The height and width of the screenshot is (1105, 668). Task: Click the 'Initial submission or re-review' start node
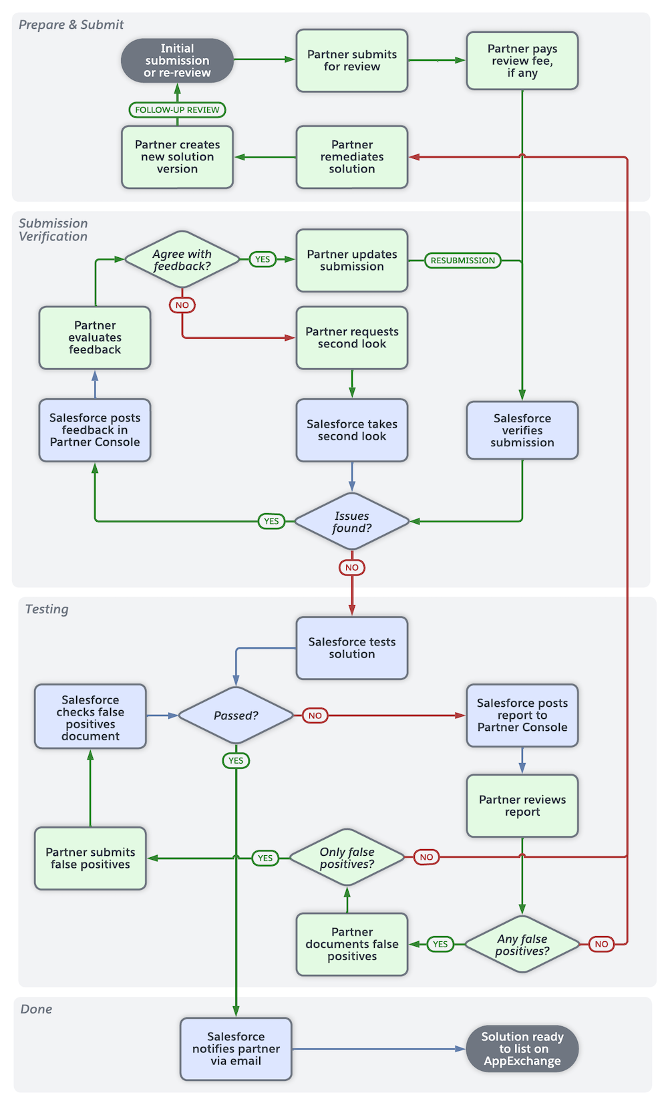click(177, 60)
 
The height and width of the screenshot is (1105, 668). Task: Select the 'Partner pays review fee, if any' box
click(522, 60)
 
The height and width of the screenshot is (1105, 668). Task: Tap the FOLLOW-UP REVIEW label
click(177, 110)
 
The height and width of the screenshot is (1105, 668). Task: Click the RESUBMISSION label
click(462, 261)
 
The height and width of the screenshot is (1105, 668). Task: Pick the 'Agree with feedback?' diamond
click(182, 260)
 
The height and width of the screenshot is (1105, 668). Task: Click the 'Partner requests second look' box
click(351, 337)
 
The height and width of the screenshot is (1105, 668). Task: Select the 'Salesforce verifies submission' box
click(522, 430)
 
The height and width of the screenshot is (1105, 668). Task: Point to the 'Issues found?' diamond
click(351, 521)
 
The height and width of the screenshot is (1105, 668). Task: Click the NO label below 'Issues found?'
click(351, 567)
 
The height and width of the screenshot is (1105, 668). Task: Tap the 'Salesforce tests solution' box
click(351, 647)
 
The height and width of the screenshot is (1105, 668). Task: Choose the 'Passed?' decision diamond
click(236, 716)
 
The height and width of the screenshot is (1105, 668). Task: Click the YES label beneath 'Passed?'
click(236, 760)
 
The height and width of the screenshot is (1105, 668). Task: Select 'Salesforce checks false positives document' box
click(90, 717)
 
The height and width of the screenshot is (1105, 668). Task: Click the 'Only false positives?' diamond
click(347, 858)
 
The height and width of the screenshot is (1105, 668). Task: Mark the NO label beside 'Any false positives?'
click(601, 944)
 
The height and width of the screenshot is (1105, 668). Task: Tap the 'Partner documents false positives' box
click(351, 943)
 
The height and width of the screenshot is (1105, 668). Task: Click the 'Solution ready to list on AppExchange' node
click(522, 1048)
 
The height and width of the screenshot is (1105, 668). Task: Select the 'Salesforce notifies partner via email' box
click(236, 1048)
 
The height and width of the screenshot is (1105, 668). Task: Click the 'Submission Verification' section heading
click(53, 230)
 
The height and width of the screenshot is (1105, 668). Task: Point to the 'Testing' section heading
click(47, 609)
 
